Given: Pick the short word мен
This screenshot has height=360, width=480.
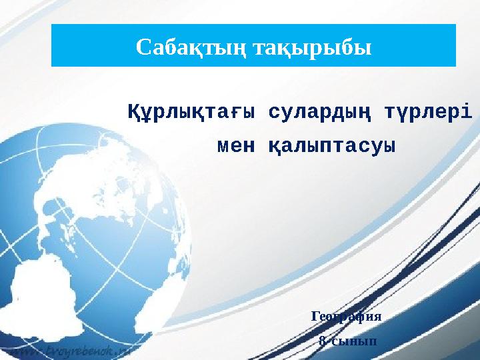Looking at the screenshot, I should pyautogui.click(x=236, y=145).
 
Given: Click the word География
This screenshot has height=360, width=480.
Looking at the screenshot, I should pyautogui.click(x=346, y=316).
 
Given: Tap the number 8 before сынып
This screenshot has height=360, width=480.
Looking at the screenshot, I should pyautogui.click(x=322, y=341).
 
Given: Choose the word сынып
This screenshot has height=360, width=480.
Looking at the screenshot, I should pyautogui.click(x=353, y=341).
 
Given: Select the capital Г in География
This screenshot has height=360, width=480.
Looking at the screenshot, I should pyautogui.click(x=315, y=316).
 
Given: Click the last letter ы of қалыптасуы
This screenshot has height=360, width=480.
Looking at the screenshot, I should pyautogui.click(x=390, y=145).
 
